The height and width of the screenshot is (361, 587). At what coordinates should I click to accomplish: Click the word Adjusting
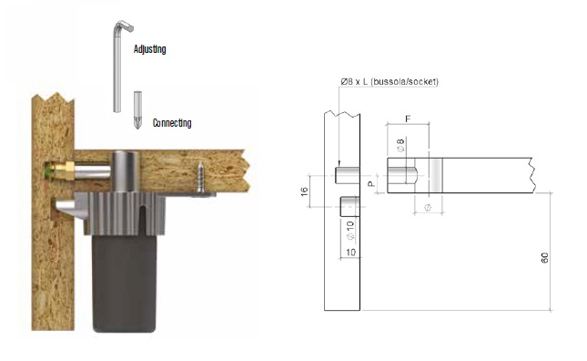150,49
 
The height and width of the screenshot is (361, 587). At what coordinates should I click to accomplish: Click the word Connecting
172,123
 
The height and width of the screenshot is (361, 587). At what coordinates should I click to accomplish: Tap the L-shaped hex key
119,64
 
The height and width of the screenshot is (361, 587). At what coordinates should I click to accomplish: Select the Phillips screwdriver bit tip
137,110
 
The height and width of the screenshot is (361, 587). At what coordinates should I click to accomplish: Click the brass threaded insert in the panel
63,170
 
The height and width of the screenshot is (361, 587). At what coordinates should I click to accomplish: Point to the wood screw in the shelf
201,177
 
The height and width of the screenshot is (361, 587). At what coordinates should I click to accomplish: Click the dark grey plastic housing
125,283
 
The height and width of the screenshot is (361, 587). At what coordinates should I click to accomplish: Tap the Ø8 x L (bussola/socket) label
390,81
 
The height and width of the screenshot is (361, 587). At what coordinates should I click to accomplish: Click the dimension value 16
304,191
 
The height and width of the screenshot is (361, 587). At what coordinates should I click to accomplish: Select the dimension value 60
545,258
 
